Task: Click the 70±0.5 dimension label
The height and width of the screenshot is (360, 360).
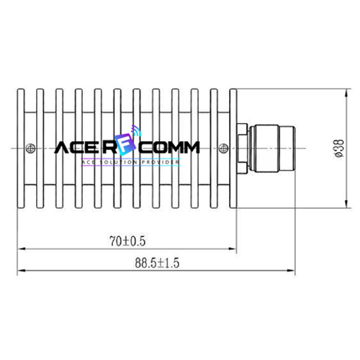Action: [x=127, y=241]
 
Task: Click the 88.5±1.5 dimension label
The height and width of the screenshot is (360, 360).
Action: [x=157, y=263]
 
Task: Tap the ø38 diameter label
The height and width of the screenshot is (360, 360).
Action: [x=339, y=148]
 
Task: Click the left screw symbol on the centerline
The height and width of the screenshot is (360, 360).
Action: [x=31, y=148]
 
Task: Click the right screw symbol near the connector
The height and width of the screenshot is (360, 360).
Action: [x=223, y=148]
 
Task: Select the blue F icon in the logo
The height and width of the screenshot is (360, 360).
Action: [x=125, y=145]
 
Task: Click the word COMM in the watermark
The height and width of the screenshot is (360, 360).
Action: [x=169, y=148]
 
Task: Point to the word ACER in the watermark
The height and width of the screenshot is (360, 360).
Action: [x=86, y=148]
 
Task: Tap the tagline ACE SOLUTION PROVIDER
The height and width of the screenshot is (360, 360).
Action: [x=130, y=162]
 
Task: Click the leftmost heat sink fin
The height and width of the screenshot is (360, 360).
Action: [x=21, y=148]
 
